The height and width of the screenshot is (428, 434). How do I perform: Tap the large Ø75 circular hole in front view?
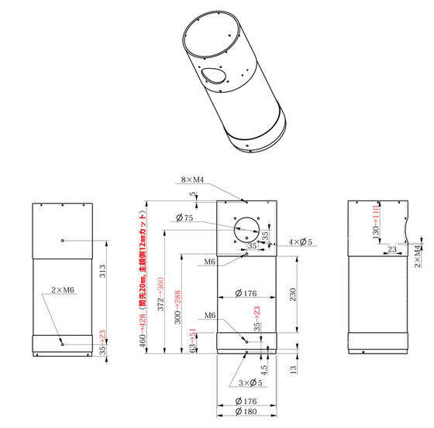(x=246, y=227)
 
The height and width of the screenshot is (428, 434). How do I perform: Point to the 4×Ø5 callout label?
(x=300, y=242)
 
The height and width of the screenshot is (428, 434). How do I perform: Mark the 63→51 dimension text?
(x=194, y=341)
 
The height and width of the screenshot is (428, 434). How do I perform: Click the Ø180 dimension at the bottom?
(x=246, y=412)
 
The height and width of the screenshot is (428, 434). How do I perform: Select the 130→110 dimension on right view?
(x=375, y=221)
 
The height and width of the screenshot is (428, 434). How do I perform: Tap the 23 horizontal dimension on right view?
(x=392, y=248)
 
